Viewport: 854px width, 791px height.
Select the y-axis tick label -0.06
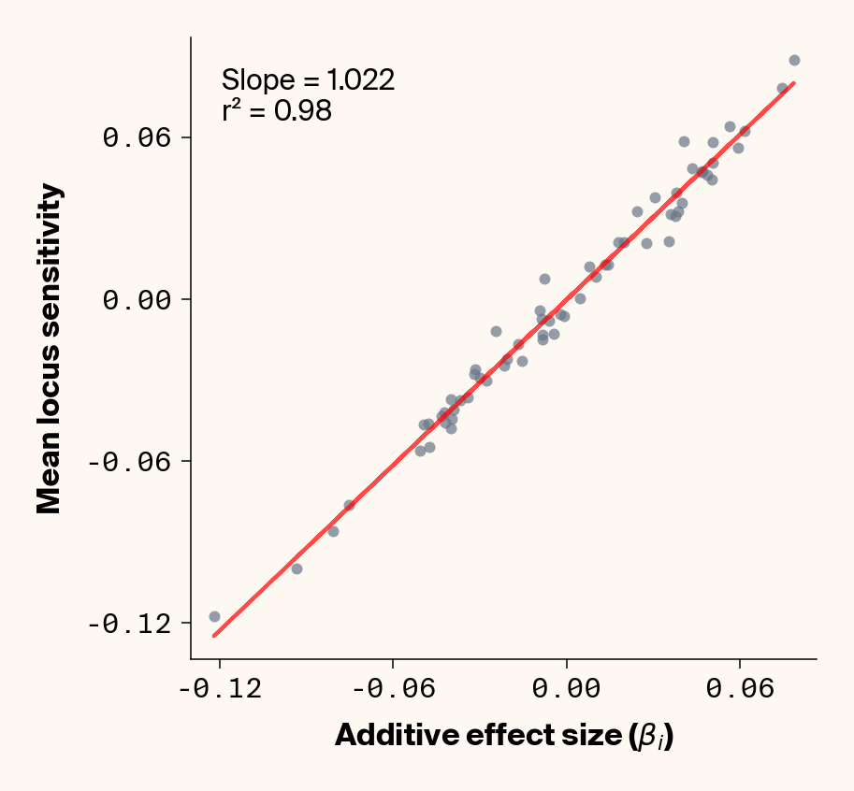132,461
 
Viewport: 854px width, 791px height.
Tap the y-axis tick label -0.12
132,623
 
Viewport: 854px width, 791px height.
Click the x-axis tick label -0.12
220,690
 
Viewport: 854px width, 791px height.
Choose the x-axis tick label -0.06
393,690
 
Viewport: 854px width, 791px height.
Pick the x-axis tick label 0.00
567,690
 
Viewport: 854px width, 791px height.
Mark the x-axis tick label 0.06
740,690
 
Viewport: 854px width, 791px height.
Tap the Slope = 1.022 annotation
308,80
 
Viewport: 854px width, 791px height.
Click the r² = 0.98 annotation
277,111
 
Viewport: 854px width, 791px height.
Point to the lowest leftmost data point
214,616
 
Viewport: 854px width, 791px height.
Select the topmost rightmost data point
794,60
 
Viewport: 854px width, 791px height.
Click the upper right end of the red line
794,82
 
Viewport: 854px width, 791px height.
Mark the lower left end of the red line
213,637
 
